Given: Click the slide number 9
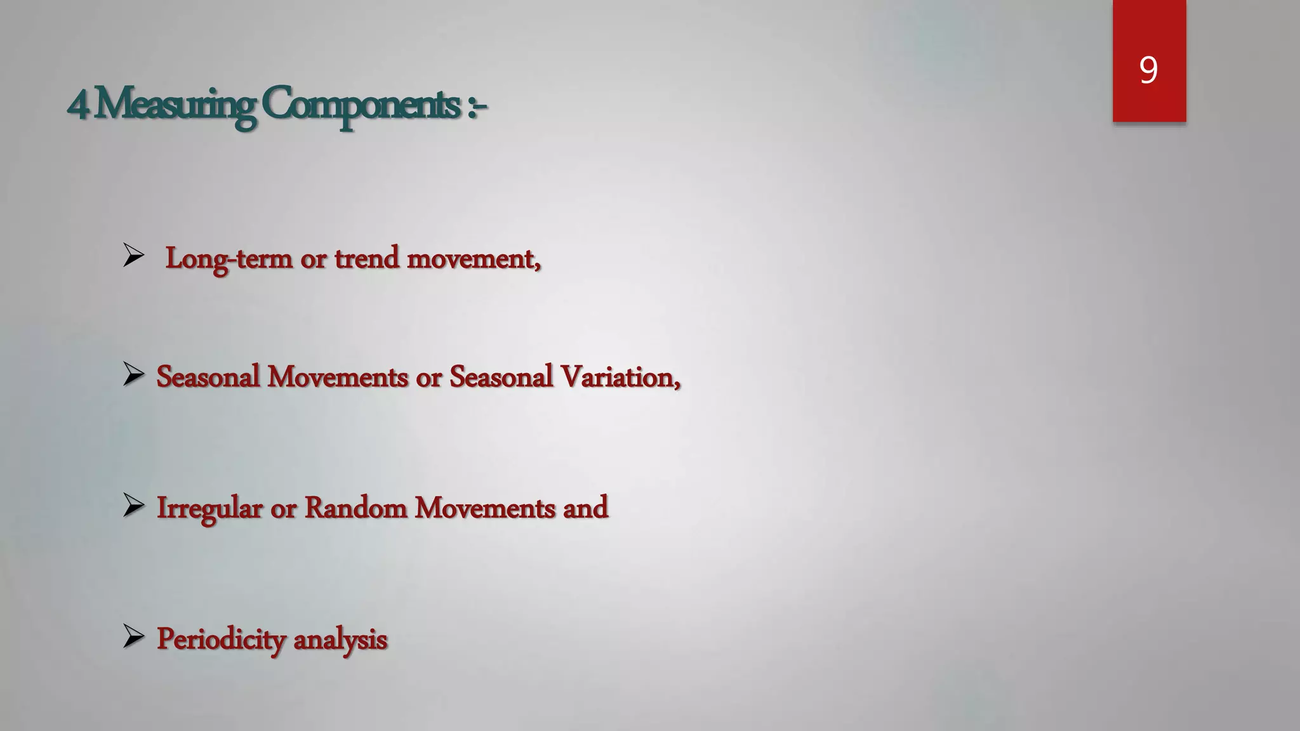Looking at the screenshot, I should (1148, 70).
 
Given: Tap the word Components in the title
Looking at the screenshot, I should (361, 105).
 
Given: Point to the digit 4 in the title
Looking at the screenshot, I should (77, 105).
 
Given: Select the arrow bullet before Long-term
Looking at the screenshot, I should (133, 256).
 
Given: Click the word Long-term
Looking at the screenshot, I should (229, 259).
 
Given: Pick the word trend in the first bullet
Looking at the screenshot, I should (366, 258).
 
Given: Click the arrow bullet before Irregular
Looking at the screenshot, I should (133, 506).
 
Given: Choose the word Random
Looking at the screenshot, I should (355, 508).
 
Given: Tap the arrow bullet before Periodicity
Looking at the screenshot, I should (133, 636).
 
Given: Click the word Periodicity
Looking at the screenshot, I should (221, 639).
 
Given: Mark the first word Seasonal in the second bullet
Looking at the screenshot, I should (208, 377).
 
